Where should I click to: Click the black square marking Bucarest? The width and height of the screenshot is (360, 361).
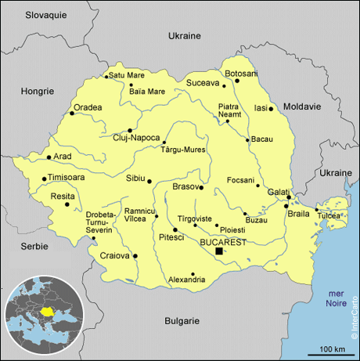(219, 251)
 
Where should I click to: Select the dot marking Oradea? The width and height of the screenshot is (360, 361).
(72, 114)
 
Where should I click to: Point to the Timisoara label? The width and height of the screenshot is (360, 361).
(70, 178)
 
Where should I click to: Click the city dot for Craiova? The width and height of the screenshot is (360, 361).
(135, 255)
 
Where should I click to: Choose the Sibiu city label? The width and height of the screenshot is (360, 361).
(135, 178)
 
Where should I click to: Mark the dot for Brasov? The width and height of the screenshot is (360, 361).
(201, 187)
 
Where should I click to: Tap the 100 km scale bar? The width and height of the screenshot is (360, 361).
(333, 353)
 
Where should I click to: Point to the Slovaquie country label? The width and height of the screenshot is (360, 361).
(46, 15)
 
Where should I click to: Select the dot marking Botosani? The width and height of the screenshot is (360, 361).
(236, 80)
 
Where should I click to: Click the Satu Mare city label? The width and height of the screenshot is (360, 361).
(127, 75)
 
